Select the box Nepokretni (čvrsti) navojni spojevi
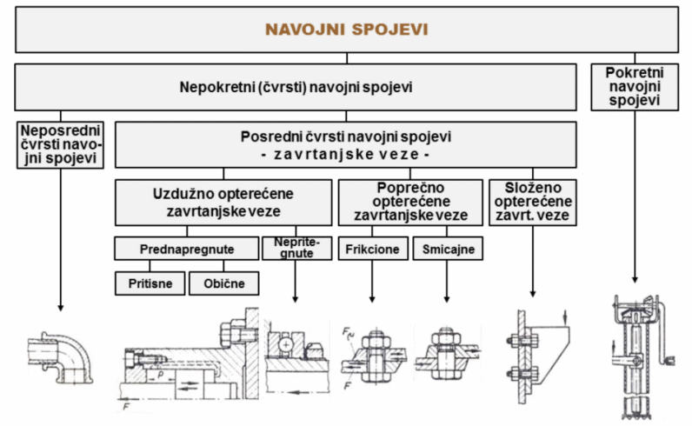click(x=295, y=87)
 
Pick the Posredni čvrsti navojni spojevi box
click(x=345, y=144)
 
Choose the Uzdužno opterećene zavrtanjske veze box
click(x=223, y=203)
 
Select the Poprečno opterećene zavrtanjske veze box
click(x=410, y=202)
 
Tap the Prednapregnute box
click(x=187, y=249)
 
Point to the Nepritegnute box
click(x=296, y=247)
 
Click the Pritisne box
click(x=150, y=283)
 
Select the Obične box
click(x=223, y=283)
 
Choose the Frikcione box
click(x=373, y=249)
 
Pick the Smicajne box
click(x=447, y=249)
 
